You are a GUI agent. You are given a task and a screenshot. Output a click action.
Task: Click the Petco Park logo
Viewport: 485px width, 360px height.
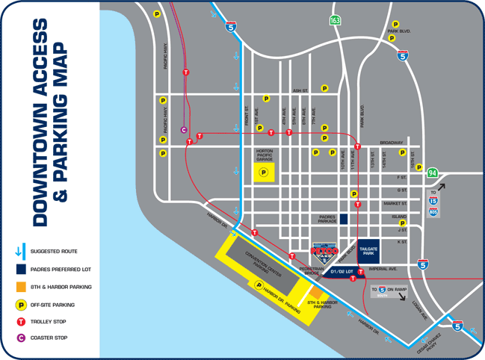(x=325, y=249)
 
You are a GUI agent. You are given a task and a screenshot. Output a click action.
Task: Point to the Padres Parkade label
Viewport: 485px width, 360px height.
(x=322, y=219)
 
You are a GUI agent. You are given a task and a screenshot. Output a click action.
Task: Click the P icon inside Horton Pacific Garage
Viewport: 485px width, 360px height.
(x=263, y=173)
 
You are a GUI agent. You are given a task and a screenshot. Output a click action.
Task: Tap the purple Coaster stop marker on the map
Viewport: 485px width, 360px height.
(x=184, y=129)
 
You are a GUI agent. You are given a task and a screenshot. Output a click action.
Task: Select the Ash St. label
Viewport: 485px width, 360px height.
(x=300, y=90)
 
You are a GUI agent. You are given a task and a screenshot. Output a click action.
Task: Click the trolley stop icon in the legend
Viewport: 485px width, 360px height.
(x=21, y=321)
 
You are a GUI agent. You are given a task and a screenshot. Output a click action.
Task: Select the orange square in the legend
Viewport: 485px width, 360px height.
(x=21, y=286)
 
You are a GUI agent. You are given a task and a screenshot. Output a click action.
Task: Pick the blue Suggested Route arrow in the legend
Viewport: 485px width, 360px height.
(x=21, y=252)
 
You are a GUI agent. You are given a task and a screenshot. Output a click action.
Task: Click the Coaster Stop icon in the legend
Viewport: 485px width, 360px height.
(x=21, y=339)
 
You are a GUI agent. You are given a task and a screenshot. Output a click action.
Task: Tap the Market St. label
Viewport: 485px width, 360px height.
(x=395, y=203)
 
